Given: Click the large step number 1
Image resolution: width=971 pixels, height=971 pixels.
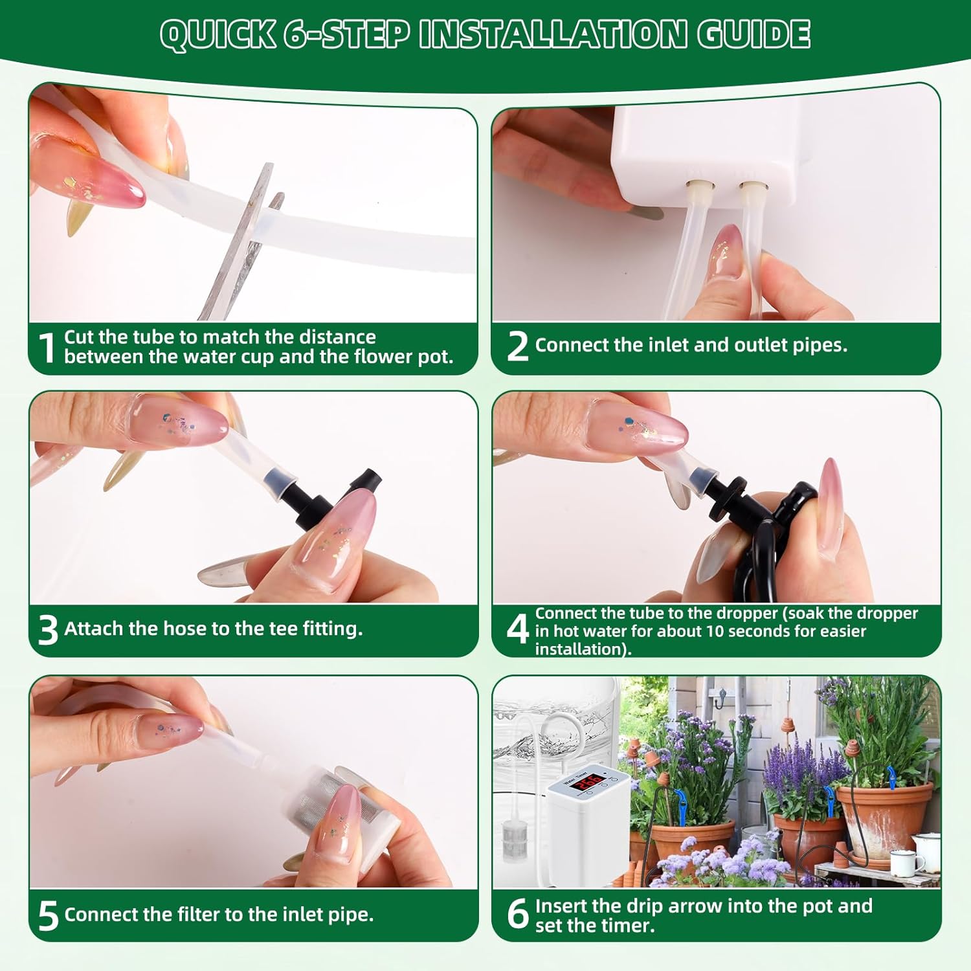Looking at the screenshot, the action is click(47, 348).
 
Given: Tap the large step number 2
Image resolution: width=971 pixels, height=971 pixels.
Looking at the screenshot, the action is click(518, 346).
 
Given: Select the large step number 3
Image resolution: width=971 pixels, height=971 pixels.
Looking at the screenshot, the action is click(48, 630).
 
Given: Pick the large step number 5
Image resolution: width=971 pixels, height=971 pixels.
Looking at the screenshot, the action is click(48, 916).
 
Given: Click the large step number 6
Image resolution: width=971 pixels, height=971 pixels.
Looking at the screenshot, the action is click(518, 914).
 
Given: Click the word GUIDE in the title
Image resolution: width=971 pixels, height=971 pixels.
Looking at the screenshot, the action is click(753, 34).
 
